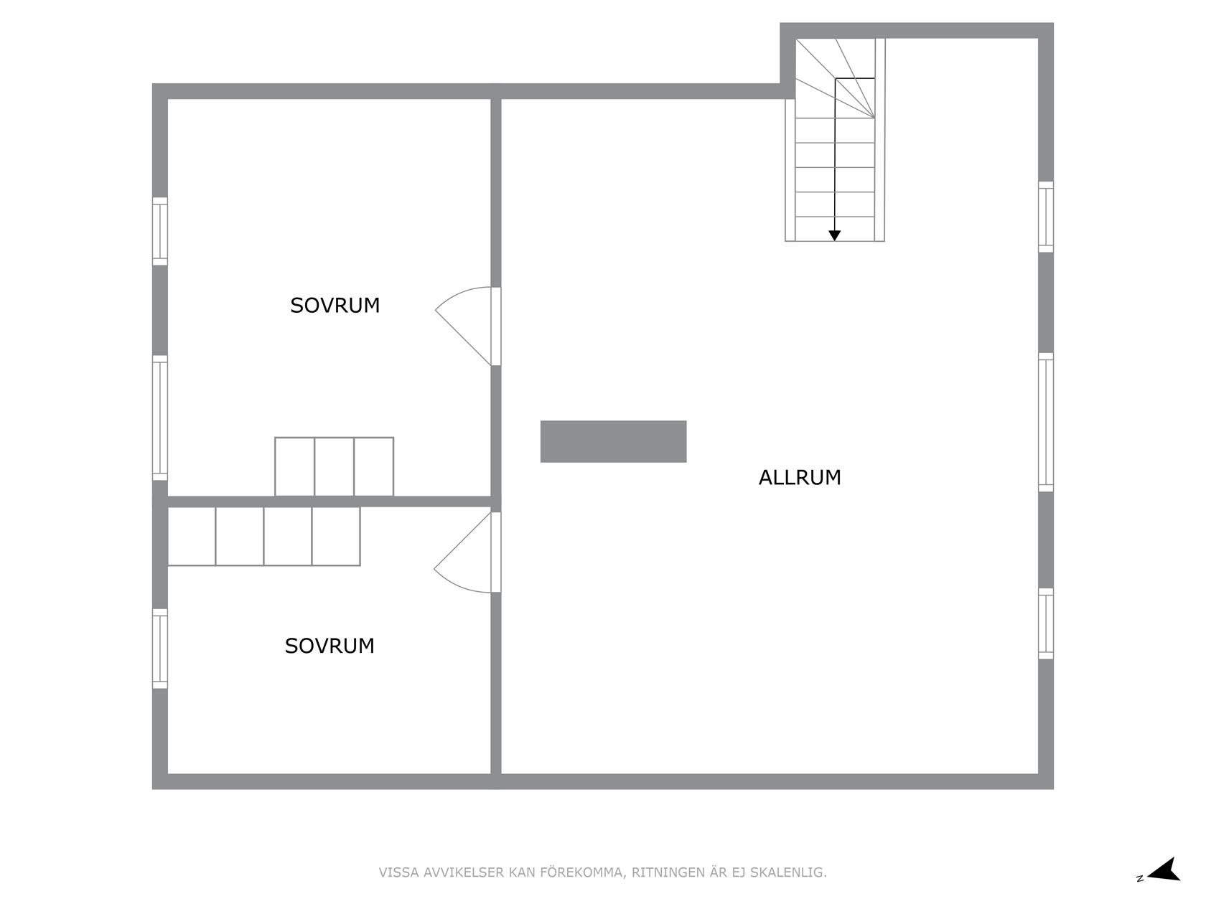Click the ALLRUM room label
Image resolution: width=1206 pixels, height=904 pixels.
(x=800, y=478)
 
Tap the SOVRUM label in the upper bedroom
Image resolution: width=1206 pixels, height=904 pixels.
(x=335, y=306)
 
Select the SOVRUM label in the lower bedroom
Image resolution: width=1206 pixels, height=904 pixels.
(x=329, y=646)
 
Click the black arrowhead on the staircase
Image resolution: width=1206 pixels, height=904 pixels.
(x=835, y=235)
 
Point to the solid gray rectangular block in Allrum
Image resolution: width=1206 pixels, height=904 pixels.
(x=613, y=441)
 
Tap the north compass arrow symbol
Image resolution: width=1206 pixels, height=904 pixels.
(x=1163, y=870)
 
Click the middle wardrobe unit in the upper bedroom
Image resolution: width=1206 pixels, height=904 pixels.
(x=334, y=466)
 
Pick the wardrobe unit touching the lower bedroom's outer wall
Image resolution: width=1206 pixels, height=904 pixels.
(x=191, y=536)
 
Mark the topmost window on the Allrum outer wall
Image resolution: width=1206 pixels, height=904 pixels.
(x=1046, y=217)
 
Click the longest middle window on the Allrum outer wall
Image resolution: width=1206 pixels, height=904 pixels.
(x=1046, y=422)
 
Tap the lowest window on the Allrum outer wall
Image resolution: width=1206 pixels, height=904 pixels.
(x=1046, y=623)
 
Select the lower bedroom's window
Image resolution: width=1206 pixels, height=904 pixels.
(x=160, y=648)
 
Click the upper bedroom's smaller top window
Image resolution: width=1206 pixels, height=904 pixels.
(x=160, y=231)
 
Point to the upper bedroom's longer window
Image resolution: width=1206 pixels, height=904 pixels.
(x=160, y=418)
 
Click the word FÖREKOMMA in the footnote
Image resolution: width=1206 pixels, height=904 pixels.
(x=583, y=872)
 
